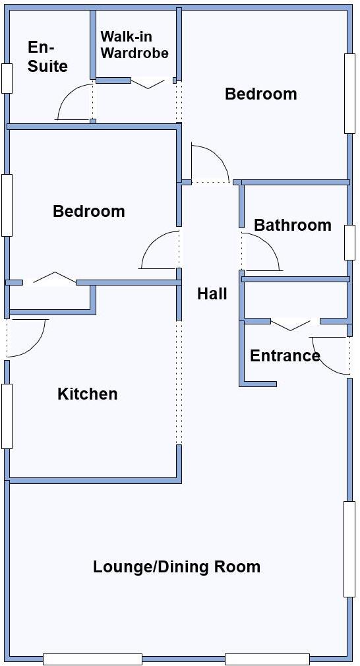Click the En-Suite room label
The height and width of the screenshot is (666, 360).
click(47, 57)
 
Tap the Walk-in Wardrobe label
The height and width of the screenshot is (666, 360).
click(135, 45)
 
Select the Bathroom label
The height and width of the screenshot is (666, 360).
click(292, 226)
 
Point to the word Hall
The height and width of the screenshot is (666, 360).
click(212, 294)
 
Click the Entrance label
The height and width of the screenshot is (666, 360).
click(285, 356)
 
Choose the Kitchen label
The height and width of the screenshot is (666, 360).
click(88, 394)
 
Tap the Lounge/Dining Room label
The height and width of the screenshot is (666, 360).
click(177, 567)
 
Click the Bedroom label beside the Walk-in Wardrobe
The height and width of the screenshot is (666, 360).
click(260, 94)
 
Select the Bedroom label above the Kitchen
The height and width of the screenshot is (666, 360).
click(88, 212)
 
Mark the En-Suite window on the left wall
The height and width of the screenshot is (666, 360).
click(7, 78)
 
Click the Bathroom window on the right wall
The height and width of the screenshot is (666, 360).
click(349, 242)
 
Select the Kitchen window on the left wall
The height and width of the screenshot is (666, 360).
click(7, 416)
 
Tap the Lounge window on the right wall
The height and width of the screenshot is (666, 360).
click(349, 549)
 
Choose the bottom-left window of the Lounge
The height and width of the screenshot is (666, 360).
click(92, 659)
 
